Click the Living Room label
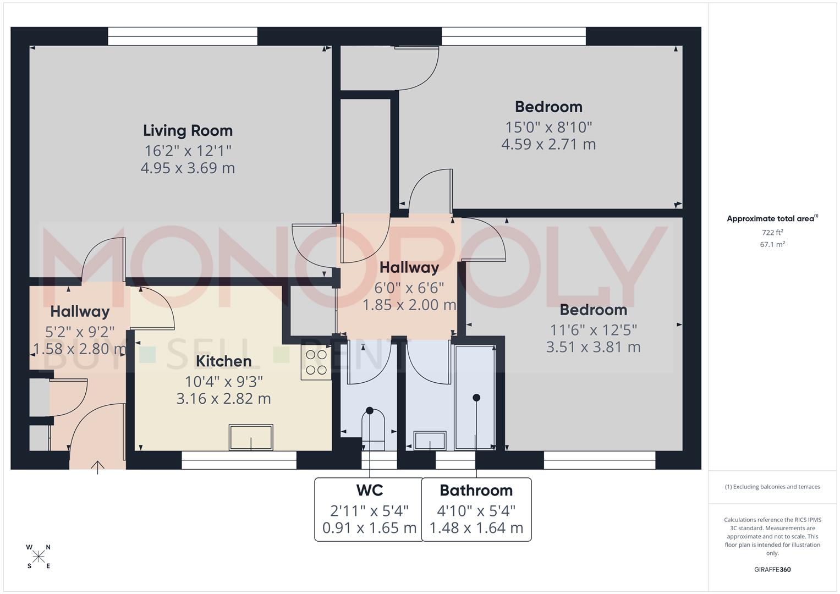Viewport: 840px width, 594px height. [x=188, y=131]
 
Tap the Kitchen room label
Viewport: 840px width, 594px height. [x=223, y=361]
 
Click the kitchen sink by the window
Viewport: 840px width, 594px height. [x=251, y=437]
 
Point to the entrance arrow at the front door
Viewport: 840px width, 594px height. [x=97, y=467]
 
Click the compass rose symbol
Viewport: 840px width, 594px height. [x=39, y=557]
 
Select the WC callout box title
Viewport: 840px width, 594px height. [x=369, y=490]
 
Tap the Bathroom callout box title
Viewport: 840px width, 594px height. [x=476, y=490]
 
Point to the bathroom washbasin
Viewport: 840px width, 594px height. [x=430, y=441]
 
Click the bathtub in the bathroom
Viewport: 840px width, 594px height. [x=476, y=396]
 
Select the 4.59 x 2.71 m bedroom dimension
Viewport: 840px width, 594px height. [x=548, y=145]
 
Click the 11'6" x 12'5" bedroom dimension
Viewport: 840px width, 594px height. [x=593, y=330]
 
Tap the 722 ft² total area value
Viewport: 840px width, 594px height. [x=772, y=233]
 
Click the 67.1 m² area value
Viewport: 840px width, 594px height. [x=772, y=245]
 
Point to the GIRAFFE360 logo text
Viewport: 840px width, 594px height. [x=772, y=569]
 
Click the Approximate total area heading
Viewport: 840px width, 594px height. [x=772, y=219]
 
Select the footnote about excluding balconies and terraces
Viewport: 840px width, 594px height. [x=772, y=487]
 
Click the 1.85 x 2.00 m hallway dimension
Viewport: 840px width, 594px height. [x=409, y=305]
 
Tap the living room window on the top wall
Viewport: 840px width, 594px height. [x=183, y=36]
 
